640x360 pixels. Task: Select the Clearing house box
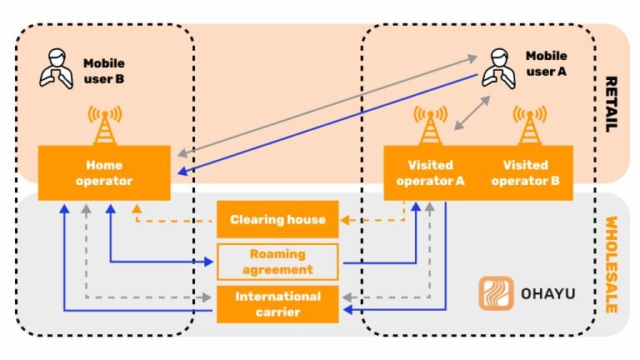[277, 220]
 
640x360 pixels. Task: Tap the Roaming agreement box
[277, 262]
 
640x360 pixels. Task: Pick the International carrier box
[277, 304]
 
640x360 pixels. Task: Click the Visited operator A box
[430, 173]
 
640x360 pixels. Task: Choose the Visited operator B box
[527, 173]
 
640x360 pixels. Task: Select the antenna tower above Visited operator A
[430, 125]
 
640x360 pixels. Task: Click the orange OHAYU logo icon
[495, 294]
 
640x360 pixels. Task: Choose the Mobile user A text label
[546, 63]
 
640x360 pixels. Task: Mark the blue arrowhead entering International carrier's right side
[345, 311]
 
